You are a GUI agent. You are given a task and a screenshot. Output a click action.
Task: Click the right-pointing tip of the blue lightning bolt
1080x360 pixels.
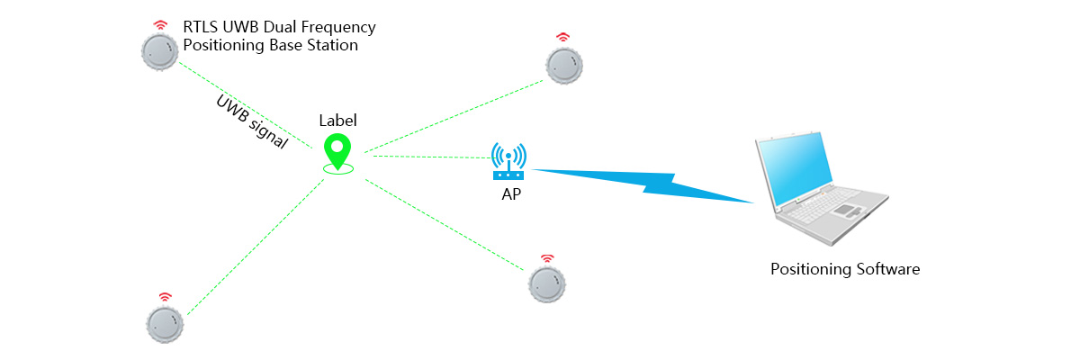tap(753, 202)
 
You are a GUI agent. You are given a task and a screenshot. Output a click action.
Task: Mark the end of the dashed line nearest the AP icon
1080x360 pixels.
tap(491, 158)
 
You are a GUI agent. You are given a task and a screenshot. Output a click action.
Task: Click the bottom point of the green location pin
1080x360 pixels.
tap(338, 169)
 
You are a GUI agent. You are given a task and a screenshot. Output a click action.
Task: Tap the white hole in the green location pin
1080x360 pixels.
tap(337, 146)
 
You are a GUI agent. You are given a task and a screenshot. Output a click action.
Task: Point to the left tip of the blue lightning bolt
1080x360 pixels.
tap(531, 169)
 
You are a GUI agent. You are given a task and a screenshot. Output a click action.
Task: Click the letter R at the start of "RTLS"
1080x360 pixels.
tap(188, 27)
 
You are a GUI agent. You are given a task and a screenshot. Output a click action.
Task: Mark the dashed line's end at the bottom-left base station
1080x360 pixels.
tap(187, 315)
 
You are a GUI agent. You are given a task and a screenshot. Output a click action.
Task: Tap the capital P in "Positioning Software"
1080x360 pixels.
tap(775, 269)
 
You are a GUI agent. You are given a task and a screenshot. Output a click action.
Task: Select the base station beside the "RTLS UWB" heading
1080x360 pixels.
tap(159, 52)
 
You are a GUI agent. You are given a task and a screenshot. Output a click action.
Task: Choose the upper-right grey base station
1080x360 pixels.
tap(564, 66)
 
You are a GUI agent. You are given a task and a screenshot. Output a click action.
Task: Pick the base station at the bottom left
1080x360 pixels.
tap(165, 324)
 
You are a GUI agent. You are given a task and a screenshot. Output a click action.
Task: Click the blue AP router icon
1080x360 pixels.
tap(508, 161)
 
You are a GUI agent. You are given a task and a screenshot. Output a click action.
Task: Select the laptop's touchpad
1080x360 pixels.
tap(847, 210)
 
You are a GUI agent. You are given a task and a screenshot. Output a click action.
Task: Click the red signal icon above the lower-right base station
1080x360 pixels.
tap(547, 259)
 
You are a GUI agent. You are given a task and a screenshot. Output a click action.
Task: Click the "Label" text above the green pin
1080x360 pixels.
tap(337, 121)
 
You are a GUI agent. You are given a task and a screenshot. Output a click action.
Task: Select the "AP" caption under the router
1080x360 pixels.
tap(511, 194)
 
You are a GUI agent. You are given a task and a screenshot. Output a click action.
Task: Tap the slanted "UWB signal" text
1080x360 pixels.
tap(252, 121)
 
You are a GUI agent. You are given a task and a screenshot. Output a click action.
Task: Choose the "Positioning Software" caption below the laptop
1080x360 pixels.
tap(845, 269)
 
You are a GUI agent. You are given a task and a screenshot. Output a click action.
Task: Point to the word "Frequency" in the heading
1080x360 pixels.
tap(338, 28)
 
